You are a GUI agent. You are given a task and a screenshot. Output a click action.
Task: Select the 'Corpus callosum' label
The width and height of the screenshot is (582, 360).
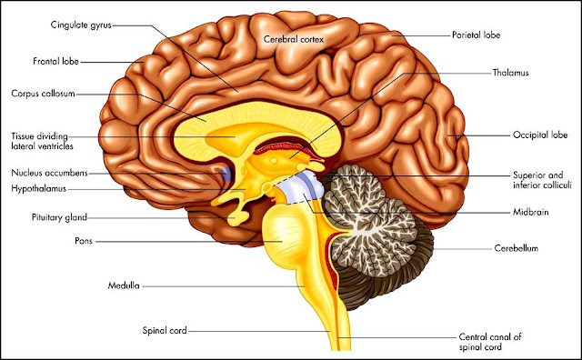click(43, 93)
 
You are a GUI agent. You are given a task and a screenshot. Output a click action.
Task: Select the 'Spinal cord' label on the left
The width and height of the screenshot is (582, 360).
click(165, 331)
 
